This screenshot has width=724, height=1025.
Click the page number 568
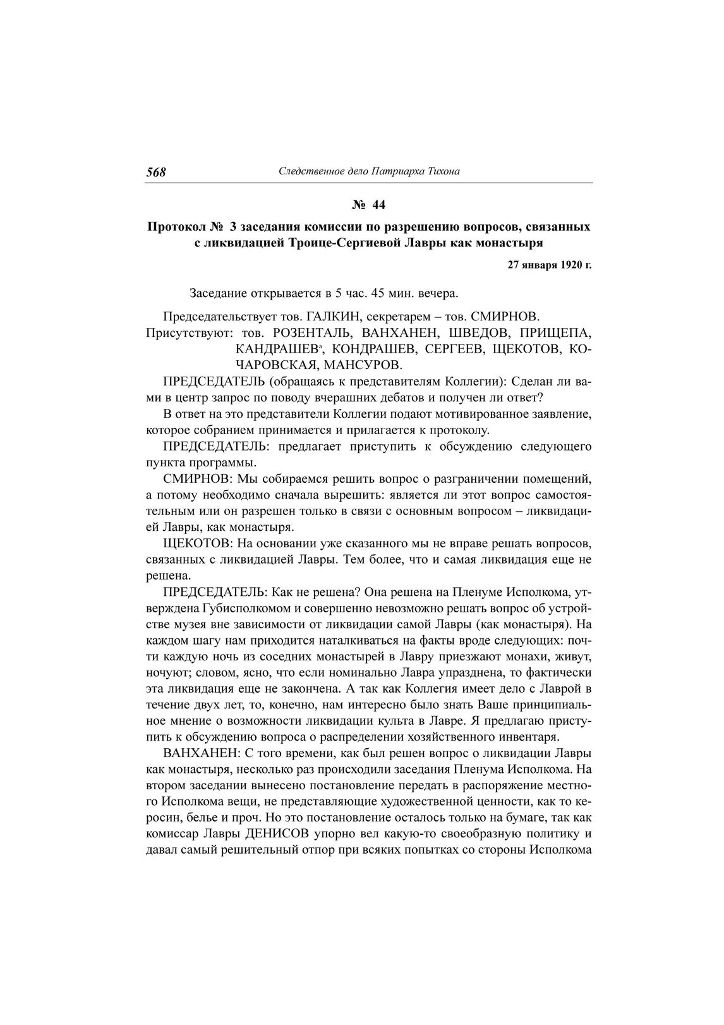[x=156, y=172]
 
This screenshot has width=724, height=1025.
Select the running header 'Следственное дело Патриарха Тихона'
[x=369, y=171]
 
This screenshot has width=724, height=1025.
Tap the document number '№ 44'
[x=368, y=205]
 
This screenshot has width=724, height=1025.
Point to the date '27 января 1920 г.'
[x=550, y=265]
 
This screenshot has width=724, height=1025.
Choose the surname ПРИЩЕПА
[x=556, y=332]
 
